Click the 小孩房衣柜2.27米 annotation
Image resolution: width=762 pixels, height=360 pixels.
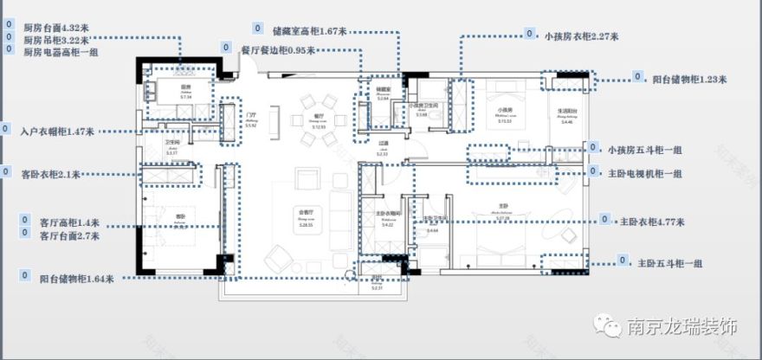pos(579,36)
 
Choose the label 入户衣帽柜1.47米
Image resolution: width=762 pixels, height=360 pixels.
pos(57,132)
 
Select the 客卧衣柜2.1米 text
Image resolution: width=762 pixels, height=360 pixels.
pos(51,174)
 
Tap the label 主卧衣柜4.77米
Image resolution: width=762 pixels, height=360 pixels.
pos(652,222)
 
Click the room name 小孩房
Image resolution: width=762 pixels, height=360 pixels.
pos(501,110)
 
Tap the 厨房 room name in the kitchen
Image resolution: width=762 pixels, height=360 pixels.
pos(185,88)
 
